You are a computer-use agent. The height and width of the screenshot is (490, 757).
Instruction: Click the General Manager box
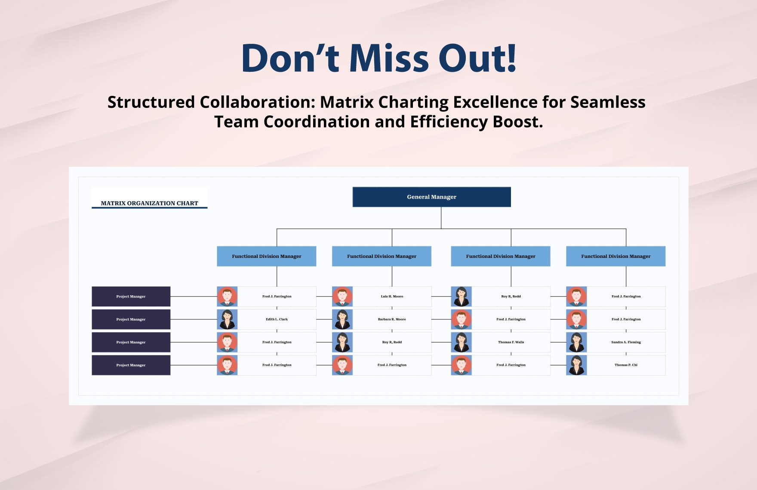click(431, 197)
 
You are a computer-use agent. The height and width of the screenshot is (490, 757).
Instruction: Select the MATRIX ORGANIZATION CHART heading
click(149, 203)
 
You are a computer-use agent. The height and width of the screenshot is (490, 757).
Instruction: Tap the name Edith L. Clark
click(277, 319)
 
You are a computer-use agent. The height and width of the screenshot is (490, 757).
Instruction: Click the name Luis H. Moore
click(392, 297)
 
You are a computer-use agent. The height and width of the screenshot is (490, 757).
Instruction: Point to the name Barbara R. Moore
click(392, 319)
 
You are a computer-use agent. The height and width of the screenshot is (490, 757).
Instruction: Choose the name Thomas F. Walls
click(511, 342)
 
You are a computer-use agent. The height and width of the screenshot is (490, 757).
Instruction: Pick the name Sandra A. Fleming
click(626, 342)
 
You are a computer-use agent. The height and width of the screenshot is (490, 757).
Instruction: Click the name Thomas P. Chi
click(626, 365)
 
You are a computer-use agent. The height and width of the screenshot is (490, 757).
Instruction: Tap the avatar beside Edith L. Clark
click(227, 319)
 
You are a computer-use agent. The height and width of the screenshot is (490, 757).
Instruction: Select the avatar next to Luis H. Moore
click(342, 297)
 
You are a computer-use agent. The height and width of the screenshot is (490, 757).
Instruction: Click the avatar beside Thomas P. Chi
click(576, 365)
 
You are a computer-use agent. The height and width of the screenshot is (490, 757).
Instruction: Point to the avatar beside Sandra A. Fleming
click(576, 342)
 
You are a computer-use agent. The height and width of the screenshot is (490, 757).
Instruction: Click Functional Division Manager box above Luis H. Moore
click(382, 256)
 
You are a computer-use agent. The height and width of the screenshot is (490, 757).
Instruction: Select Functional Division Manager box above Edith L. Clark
click(266, 256)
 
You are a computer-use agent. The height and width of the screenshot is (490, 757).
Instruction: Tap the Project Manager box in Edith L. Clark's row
click(131, 319)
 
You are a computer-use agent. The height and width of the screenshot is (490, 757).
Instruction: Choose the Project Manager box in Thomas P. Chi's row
click(131, 365)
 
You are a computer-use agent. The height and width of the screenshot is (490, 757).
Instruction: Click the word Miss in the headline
click(389, 58)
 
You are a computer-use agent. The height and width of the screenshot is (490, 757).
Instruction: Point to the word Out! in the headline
click(477, 58)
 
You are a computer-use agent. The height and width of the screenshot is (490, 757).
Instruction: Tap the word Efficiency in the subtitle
click(449, 122)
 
